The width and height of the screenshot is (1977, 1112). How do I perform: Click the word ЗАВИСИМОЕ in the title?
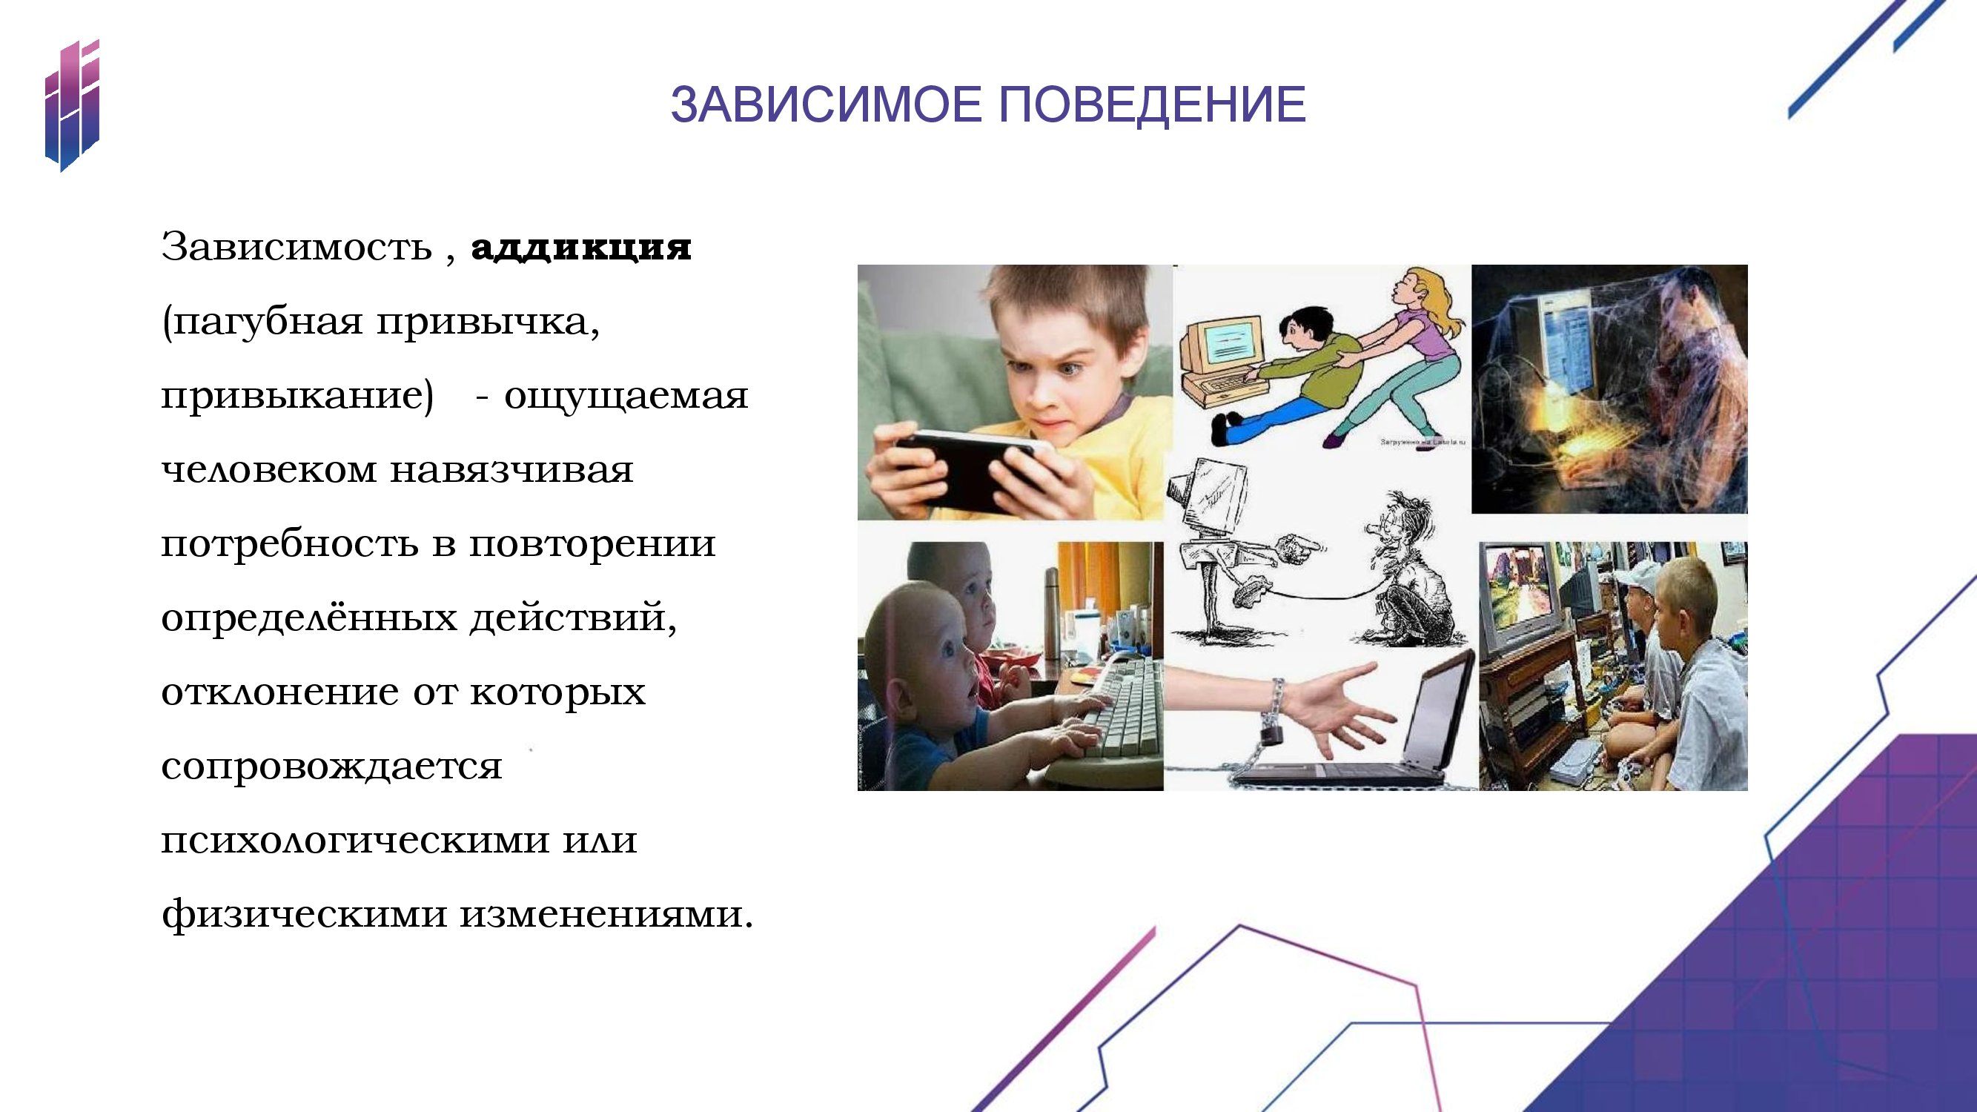(x=826, y=105)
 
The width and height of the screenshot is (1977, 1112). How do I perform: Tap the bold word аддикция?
(x=581, y=248)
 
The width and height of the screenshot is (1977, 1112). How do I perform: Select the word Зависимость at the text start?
(x=297, y=247)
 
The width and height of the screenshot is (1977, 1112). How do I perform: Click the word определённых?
(x=308, y=618)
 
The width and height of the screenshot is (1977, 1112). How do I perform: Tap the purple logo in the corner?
(x=72, y=105)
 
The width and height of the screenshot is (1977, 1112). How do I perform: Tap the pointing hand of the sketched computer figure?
(x=1302, y=546)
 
